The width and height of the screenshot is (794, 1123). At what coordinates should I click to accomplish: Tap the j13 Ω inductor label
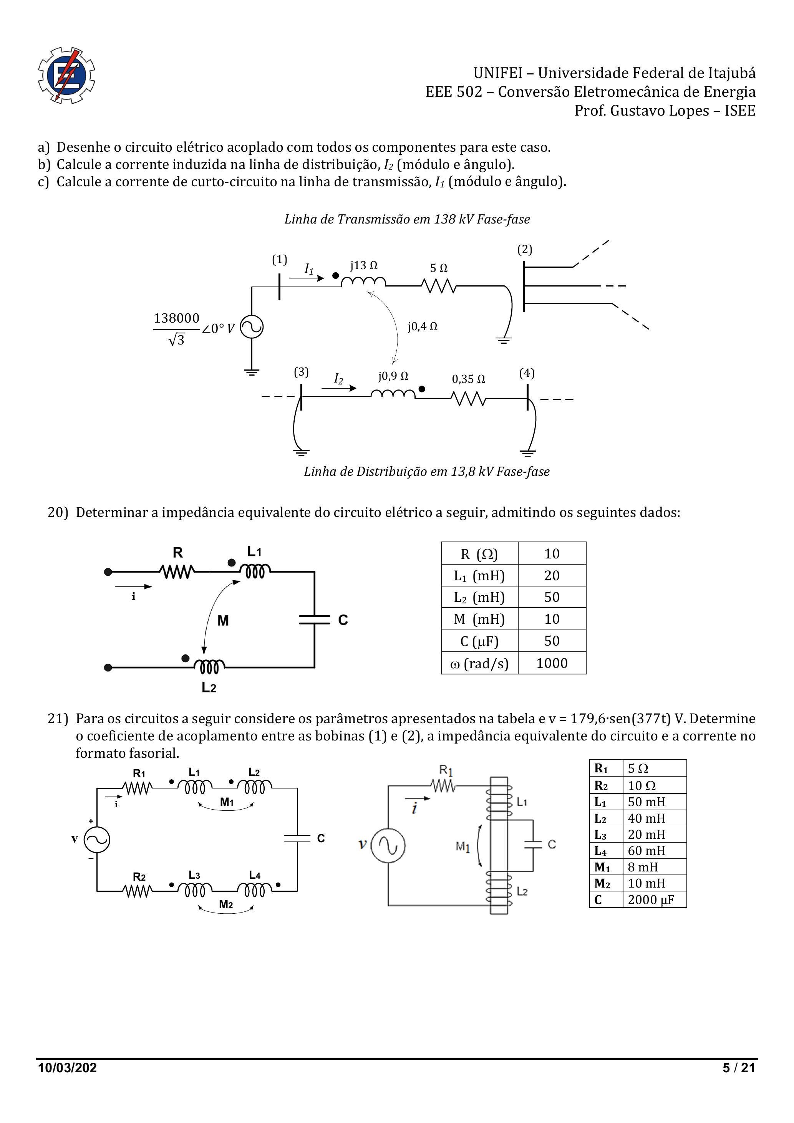(x=363, y=266)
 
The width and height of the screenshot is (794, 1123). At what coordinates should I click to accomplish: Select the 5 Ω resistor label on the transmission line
(x=438, y=268)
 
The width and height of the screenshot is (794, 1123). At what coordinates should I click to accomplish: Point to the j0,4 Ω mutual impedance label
(x=422, y=326)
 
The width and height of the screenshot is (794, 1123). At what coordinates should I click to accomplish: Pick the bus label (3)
(x=301, y=372)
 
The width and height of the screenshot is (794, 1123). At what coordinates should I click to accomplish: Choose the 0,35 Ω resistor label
(x=468, y=379)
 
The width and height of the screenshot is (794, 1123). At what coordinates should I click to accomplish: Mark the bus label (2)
(x=524, y=249)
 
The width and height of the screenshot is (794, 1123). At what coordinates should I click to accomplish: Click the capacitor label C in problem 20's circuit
(x=343, y=620)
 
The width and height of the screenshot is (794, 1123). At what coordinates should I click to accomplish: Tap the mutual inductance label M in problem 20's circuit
(x=223, y=621)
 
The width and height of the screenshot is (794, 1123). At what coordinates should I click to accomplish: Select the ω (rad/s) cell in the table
(x=479, y=663)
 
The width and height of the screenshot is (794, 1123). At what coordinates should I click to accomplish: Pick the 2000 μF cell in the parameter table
(x=651, y=900)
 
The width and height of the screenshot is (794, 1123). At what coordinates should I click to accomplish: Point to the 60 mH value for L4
(x=646, y=851)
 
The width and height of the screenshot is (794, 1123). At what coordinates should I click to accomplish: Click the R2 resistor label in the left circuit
(x=139, y=877)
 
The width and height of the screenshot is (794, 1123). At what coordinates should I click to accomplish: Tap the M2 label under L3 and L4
(x=226, y=904)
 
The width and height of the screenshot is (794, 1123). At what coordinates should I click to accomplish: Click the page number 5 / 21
(x=739, y=1068)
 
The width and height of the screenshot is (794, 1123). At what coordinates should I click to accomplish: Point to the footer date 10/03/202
(x=68, y=1068)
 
